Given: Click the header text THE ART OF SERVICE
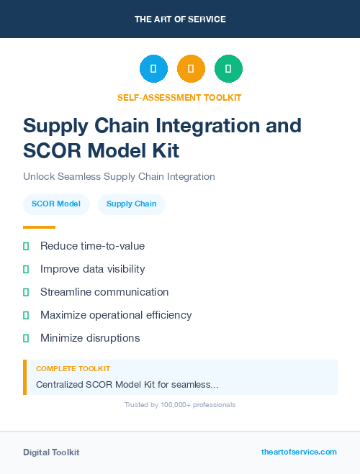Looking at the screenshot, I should (x=180, y=19).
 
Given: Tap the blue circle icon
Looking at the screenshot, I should (x=153, y=68).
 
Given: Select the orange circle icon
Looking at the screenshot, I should (x=191, y=68).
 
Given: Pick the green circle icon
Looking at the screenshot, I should (x=228, y=68).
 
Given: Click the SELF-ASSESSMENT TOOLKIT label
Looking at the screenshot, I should (x=179, y=97).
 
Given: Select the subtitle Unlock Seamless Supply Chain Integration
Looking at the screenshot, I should (x=119, y=176).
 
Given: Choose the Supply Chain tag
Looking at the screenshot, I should (x=131, y=204).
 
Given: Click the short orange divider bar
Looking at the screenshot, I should (x=39, y=227).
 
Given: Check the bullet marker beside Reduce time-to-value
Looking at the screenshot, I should (x=26, y=246).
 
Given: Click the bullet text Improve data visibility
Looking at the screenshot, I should (x=92, y=269).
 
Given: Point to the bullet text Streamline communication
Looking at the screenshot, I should (x=104, y=292).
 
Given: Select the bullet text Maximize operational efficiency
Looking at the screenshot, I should (x=116, y=315).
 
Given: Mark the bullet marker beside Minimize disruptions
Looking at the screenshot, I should (x=26, y=338).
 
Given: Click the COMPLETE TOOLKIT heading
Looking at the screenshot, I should (x=73, y=369).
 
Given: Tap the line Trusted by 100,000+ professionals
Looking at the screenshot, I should (x=180, y=405).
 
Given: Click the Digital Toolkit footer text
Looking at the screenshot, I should (x=51, y=452).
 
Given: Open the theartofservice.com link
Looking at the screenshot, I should (x=299, y=452).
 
